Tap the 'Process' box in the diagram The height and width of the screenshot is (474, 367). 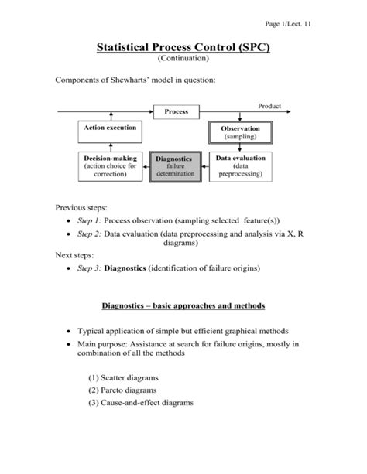pyautogui.click(x=176, y=112)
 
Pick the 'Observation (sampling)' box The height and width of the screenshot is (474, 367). pyautogui.click(x=240, y=132)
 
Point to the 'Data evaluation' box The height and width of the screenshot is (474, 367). pyautogui.click(x=240, y=166)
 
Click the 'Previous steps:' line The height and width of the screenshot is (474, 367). pyautogui.click(x=81, y=207)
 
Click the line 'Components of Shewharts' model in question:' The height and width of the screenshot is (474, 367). pyautogui.click(x=129, y=80)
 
